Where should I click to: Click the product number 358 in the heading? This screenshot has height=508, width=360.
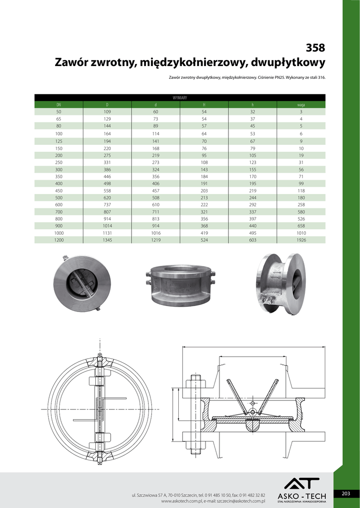pyautogui.click(x=315, y=48)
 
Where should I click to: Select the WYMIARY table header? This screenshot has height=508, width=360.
pyautogui.click(x=180, y=98)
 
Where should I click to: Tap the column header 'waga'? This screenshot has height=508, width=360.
pyautogui.click(x=301, y=105)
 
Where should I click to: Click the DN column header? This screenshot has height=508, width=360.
pyautogui.click(x=59, y=105)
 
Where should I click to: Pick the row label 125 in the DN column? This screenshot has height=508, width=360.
pyautogui.click(x=59, y=141)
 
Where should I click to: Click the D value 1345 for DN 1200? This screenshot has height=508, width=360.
pyautogui.click(x=107, y=240)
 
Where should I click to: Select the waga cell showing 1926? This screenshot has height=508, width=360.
pyautogui.click(x=301, y=240)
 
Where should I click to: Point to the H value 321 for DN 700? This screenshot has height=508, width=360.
pyautogui.click(x=204, y=212)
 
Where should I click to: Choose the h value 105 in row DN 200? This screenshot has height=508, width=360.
pyautogui.click(x=253, y=155)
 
